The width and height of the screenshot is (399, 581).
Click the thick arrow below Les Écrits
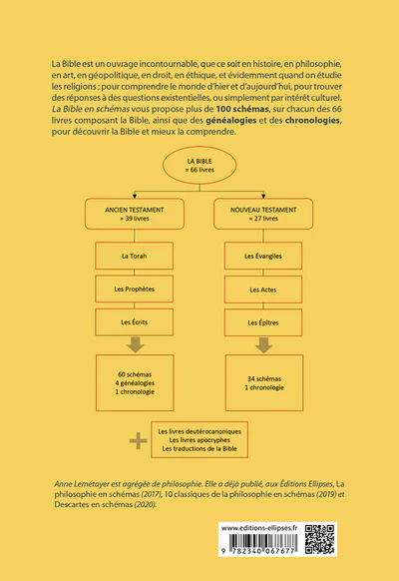(x=135, y=345)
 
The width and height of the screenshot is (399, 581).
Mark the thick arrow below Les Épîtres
(x=264, y=345)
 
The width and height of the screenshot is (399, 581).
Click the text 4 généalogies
(x=135, y=383)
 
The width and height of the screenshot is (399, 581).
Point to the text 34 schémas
(x=264, y=378)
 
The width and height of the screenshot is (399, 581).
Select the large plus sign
(x=138, y=441)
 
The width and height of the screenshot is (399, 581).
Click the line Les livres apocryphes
(x=199, y=440)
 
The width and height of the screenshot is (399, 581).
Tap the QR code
(x=320, y=539)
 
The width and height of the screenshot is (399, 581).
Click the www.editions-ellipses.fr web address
(x=259, y=528)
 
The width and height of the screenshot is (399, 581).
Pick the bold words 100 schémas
(x=242, y=109)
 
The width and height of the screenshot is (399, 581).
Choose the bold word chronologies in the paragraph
(x=312, y=121)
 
